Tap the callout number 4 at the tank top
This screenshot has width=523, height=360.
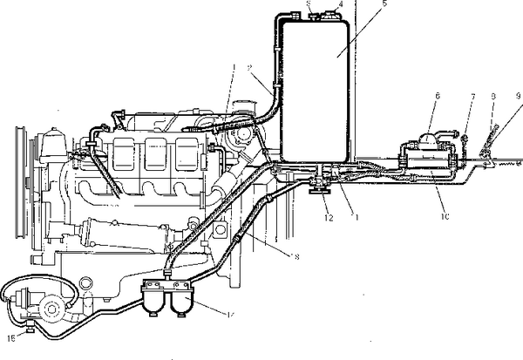pyautogui.click(x=340, y=3)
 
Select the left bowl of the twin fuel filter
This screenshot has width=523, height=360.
pyautogui.click(x=158, y=305)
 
